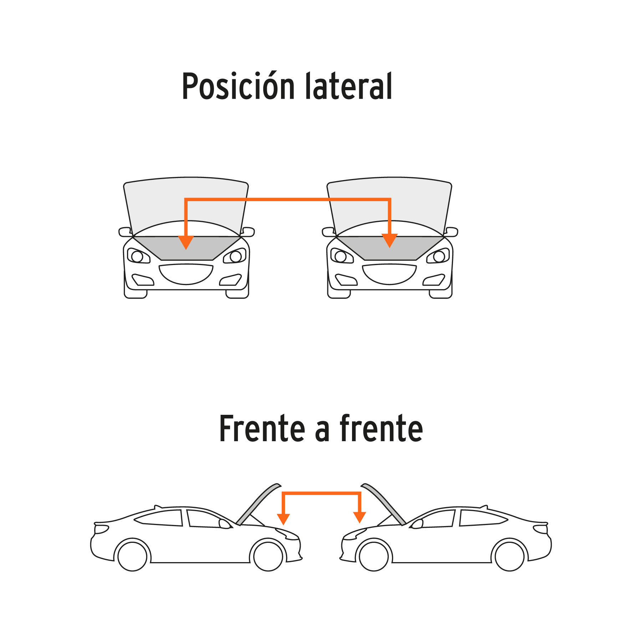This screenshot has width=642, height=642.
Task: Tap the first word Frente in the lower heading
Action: click(x=262, y=429)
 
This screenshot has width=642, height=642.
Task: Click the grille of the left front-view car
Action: click(x=186, y=274)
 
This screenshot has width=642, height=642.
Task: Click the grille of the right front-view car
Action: click(x=389, y=274)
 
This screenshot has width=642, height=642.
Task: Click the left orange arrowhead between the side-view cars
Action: click(x=283, y=518)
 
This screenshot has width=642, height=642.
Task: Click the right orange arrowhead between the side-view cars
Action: click(x=360, y=517)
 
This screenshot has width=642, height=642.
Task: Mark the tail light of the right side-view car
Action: click(x=541, y=529)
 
